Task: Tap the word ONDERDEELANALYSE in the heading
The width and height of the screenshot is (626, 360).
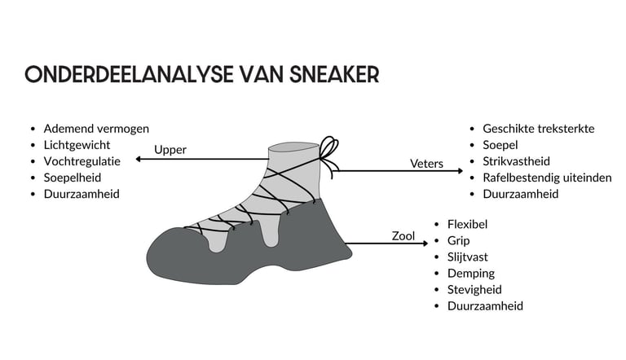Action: tap(117, 74)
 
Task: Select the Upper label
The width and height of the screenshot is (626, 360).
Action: tap(170, 150)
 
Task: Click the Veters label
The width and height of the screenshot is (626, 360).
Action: tap(426, 164)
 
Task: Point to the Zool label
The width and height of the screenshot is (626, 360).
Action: tap(403, 236)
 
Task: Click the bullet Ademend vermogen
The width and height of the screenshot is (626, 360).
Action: tap(96, 129)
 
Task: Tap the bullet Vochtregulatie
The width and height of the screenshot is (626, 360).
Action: tap(82, 161)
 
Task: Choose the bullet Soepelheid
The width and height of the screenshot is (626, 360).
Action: tap(73, 178)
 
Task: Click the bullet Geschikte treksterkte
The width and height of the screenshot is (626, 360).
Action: tap(539, 129)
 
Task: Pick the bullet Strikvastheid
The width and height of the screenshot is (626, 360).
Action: tap(516, 161)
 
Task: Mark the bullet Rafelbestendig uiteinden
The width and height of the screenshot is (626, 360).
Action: tap(547, 178)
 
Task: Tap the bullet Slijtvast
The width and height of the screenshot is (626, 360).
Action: tap(469, 257)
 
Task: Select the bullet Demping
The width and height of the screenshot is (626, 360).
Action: tap(470, 273)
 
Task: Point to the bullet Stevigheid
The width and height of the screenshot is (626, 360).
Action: tap(474, 289)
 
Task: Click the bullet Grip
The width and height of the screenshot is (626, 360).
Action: tap(458, 240)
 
